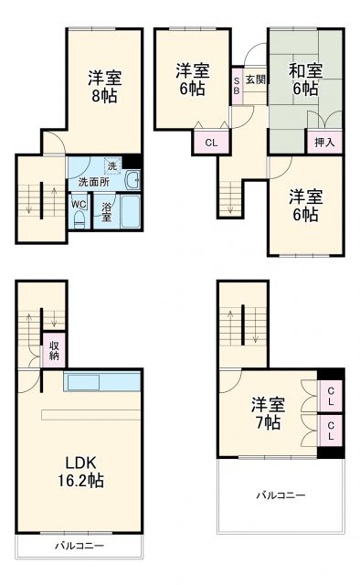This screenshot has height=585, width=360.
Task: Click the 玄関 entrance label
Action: point(254,80)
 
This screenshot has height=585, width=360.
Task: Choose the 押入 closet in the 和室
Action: point(323,142)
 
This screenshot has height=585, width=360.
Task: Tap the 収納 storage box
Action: point(54,349)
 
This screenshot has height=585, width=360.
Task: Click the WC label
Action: point(79,203)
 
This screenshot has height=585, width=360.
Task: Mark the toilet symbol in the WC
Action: point(79,220)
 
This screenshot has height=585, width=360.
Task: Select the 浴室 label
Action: point(106,211)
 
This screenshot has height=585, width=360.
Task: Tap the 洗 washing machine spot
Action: point(111,165)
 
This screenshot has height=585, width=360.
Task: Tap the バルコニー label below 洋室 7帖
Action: point(280,495)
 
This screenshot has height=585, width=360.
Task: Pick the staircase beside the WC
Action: point(41,200)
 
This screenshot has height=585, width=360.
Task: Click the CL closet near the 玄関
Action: point(210,142)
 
